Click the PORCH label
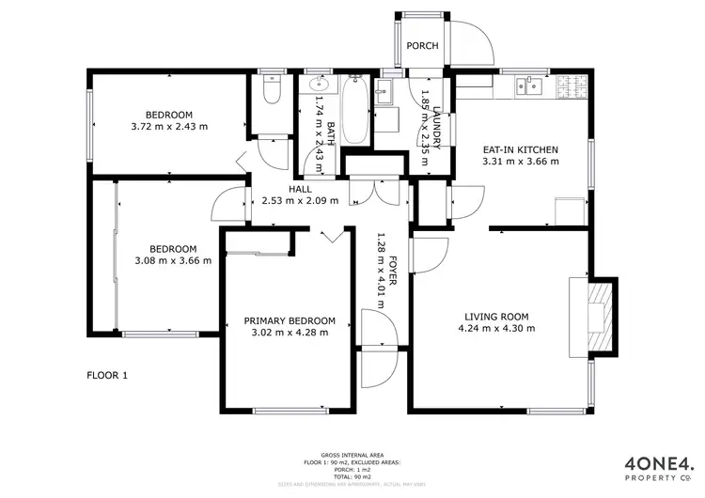tap(416, 46)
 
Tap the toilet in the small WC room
tap(271, 92)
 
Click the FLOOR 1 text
tap(106, 376)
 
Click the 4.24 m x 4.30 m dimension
tap(495, 328)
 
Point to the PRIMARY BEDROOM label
tap(290, 320)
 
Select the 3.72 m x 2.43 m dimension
tap(169, 126)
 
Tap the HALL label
tap(300, 189)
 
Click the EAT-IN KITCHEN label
tap(520, 149)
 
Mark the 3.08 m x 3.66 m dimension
tap(172, 260)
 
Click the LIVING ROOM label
tap(495, 317)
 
